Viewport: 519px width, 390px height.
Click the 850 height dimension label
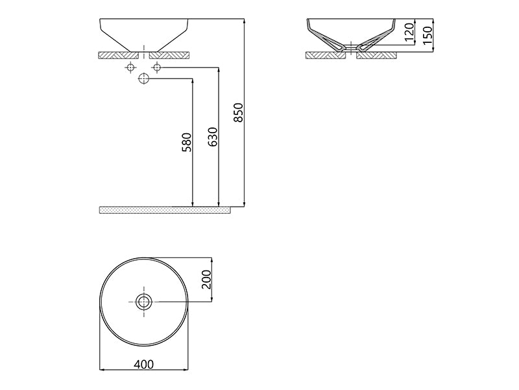click(237, 112)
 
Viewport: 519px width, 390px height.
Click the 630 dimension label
click(212, 136)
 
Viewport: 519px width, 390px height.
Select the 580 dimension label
click(187, 142)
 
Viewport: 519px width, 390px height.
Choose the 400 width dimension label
click(145, 365)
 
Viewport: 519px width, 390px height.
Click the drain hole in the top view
click(144, 301)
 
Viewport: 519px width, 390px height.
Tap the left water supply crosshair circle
click(130, 68)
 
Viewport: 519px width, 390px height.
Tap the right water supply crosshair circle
click(156, 68)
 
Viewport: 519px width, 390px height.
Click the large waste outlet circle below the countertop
click(144, 79)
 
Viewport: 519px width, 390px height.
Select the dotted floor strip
click(165, 210)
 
